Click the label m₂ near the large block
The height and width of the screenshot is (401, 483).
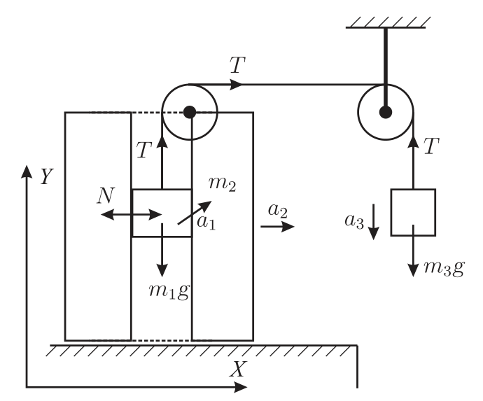[x=223, y=184]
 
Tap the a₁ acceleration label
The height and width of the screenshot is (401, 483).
[x=206, y=223]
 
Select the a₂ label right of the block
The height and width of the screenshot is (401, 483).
[x=278, y=211]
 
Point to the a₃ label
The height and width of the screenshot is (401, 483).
[x=354, y=221]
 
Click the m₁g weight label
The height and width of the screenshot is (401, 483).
[x=169, y=290]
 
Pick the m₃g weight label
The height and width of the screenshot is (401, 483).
[x=444, y=268]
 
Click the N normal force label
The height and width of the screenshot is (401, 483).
[x=106, y=195]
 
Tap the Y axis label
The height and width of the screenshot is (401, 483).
[x=47, y=176]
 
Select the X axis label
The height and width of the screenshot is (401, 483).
[x=238, y=369]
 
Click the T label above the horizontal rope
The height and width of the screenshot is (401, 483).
[x=237, y=65]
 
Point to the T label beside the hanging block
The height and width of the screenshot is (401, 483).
[x=431, y=146]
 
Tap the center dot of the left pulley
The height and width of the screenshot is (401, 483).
[x=190, y=112]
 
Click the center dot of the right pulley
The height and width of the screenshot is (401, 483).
[x=386, y=112]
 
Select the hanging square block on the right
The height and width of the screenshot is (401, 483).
[x=413, y=213]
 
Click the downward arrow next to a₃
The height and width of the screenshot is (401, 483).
[x=374, y=222]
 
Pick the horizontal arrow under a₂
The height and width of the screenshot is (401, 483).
[x=277, y=227]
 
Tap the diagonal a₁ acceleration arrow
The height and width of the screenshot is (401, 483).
[x=195, y=213]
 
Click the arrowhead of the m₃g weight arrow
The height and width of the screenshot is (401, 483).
[x=413, y=270]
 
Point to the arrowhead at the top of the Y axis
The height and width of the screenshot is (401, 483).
[x=27, y=171]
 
